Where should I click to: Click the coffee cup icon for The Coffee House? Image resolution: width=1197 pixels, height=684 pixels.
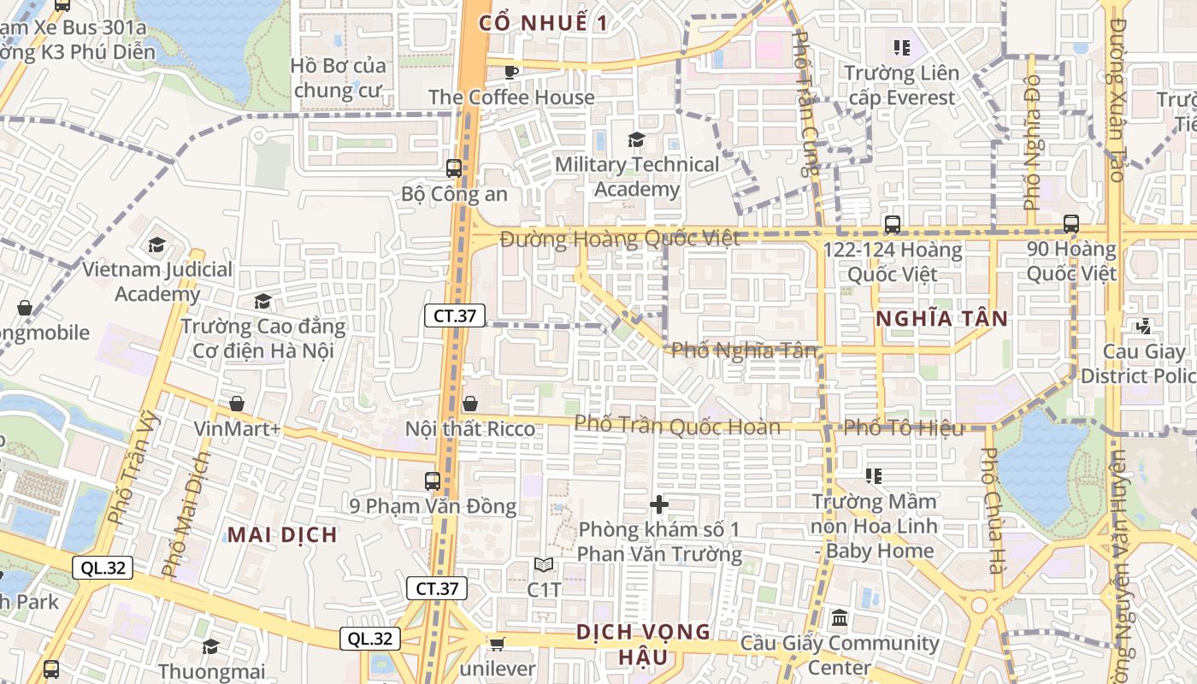point(511,72)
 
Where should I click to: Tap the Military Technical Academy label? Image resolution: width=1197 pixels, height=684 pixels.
point(637,176)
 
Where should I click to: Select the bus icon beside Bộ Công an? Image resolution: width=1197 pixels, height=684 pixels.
point(454,168)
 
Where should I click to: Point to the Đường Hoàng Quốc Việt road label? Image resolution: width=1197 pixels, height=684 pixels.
point(620,239)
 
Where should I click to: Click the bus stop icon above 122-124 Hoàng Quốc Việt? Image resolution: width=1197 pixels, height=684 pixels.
point(893,225)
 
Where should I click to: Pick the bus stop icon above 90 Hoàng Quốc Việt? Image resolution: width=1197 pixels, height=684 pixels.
point(1071,224)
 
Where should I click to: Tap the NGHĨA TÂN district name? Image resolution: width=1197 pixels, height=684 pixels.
point(941,319)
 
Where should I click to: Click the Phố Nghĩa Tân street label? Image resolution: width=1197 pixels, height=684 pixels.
point(744,350)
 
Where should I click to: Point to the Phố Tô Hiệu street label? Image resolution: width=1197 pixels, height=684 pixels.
point(904,427)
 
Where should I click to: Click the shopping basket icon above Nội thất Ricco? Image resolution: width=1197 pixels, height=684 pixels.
point(470,403)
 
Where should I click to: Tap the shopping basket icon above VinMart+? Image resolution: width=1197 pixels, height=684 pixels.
point(236,403)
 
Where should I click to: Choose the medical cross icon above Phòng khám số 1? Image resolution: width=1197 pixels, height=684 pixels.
point(659,504)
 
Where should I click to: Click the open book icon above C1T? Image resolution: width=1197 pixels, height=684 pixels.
point(544,564)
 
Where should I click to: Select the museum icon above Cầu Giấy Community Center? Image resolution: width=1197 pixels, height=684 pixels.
point(840,617)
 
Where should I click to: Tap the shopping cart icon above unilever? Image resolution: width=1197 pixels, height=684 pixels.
point(497,643)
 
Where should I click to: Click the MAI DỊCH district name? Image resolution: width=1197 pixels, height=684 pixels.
point(282,535)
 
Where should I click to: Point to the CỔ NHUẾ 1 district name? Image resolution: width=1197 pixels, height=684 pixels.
point(544,23)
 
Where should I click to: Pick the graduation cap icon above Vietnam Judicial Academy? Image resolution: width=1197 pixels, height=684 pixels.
point(156,245)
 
